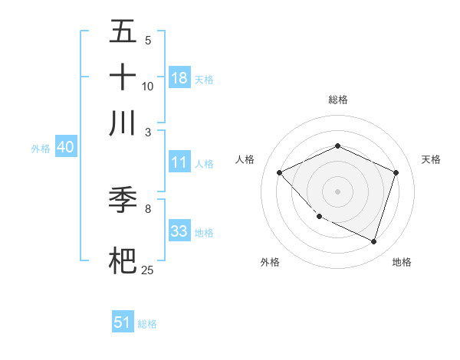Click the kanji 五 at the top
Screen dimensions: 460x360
[123, 32]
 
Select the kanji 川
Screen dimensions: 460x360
[123, 123]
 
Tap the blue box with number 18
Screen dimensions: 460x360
[179, 77]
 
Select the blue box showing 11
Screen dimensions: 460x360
[179, 162]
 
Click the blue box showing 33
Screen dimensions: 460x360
[179, 231]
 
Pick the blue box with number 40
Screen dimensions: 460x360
[65, 147]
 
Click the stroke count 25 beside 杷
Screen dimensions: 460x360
[147, 270]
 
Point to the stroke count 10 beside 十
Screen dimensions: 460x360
[148, 87]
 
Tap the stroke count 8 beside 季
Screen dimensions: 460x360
[148, 208]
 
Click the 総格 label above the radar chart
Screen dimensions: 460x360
[337, 100]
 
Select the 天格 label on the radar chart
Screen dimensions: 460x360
[431, 159]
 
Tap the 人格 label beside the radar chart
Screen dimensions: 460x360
[245, 159]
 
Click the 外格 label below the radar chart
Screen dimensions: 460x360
[270, 262]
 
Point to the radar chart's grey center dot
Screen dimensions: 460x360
[337, 191]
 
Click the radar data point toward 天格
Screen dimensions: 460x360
[396, 172]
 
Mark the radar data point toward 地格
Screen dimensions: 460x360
[373, 241]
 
